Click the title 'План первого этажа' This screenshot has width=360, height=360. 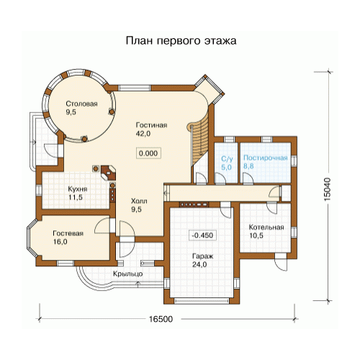click(181, 41)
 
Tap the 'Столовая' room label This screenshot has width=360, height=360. click(81, 104)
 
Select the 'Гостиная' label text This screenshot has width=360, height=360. click(151, 125)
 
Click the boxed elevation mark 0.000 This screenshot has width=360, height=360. click(148, 153)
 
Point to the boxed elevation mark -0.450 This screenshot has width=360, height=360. click(203, 235)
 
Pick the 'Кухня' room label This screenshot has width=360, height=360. click(78, 189)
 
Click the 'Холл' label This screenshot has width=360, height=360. click(139, 201)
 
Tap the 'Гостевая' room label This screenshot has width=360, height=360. click(68, 233)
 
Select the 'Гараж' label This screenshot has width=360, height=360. click(203, 256)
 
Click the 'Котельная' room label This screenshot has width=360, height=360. click(266, 227)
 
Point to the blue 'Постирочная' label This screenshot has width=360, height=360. click(266, 158)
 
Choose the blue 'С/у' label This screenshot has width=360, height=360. click(227, 158)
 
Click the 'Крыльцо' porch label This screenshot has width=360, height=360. click(128, 274)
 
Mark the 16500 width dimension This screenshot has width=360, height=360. click(161, 319)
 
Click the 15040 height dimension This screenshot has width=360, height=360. click(328, 189)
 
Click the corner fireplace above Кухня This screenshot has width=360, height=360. click(109, 172)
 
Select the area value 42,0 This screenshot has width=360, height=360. click(143, 134)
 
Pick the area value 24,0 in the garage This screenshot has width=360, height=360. click(199, 264)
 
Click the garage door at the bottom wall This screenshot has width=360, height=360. click(202, 301)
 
